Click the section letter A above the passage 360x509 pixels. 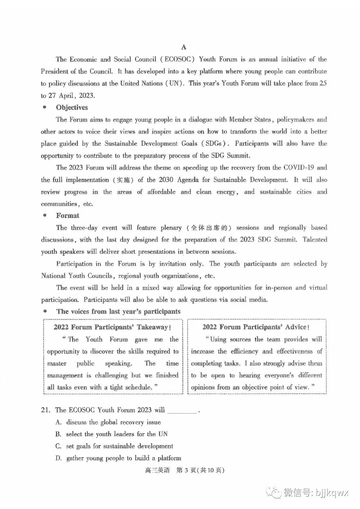184,47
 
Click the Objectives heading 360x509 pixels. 72,107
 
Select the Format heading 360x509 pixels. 67,216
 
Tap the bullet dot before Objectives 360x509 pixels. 44,107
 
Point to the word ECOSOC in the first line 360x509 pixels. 179,59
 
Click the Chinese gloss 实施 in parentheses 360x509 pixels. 123,180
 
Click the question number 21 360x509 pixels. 45,410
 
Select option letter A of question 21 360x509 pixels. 58,422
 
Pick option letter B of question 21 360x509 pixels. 58,434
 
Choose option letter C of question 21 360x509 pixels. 58,446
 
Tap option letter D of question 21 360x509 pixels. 58,458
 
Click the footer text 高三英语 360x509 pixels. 157,470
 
